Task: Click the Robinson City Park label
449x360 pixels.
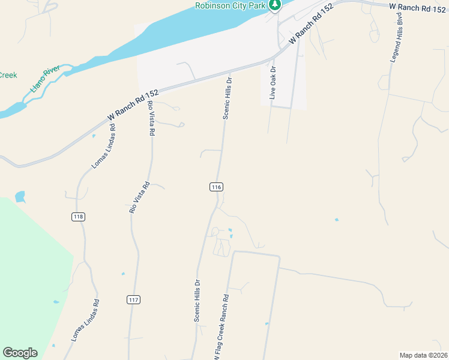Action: coord(231,5)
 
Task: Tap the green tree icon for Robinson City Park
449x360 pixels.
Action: coord(275,5)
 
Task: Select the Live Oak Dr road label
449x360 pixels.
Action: coord(273,82)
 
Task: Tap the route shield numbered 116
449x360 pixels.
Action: coord(217,187)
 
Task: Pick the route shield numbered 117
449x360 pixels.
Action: coord(134,299)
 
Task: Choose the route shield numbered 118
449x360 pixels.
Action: coord(77,217)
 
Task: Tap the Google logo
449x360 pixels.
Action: coord(20,353)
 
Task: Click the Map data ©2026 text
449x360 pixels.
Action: coord(423,355)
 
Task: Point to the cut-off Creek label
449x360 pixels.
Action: coord(8,76)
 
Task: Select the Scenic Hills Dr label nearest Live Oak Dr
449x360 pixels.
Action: coord(227,97)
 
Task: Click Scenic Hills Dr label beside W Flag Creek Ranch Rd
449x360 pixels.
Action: coord(197,300)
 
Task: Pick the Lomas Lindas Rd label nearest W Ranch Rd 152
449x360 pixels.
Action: coord(104,146)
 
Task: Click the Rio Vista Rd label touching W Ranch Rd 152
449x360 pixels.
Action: coord(151,117)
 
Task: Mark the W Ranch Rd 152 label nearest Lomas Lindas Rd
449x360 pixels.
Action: coord(133,104)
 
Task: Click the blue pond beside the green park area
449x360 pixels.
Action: coord(20,196)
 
